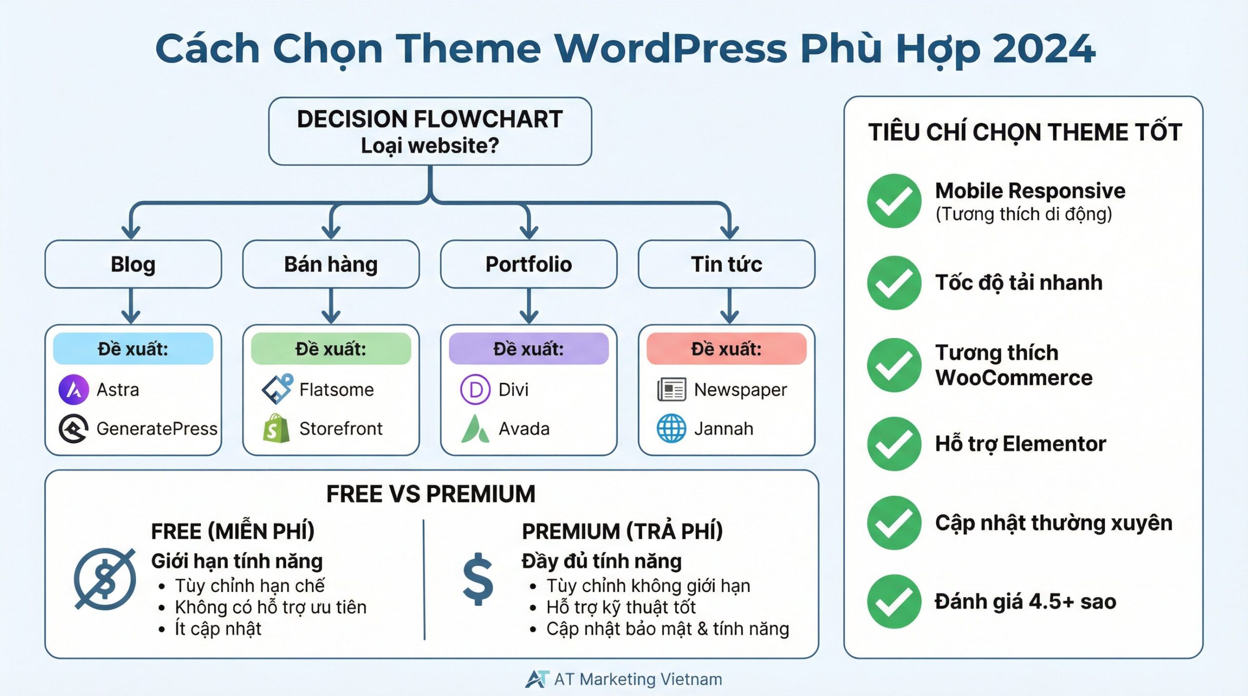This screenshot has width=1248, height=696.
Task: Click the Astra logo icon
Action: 74,390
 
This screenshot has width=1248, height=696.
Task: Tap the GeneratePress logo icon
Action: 74,429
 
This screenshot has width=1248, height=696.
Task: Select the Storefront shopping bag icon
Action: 276,429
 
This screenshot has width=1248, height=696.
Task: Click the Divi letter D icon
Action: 475,390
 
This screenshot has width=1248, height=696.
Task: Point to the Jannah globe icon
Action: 671,429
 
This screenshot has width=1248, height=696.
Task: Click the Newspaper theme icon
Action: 671,390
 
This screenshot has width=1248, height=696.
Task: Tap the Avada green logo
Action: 475,429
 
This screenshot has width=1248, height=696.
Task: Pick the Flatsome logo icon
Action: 277,390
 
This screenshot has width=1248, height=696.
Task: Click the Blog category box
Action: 133,264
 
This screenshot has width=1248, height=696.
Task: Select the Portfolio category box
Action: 528,264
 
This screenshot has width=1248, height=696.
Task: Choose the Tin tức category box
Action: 726,264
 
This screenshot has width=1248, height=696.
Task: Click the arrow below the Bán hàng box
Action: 331,307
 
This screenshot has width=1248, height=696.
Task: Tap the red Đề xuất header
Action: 726,349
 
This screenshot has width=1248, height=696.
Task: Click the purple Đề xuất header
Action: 528,349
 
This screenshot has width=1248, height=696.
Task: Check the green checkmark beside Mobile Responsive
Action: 894,201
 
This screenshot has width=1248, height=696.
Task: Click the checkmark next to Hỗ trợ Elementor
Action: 894,444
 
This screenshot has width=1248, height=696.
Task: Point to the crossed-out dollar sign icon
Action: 105,579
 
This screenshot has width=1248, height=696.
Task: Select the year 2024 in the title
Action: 1043,49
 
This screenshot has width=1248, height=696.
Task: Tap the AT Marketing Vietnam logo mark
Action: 537,679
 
